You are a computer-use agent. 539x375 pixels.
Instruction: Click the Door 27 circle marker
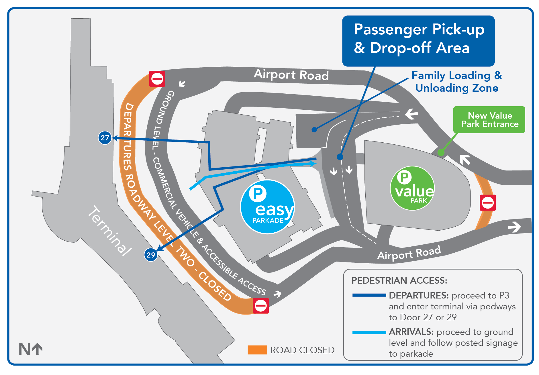(105, 138)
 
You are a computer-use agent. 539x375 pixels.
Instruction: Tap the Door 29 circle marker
(151, 255)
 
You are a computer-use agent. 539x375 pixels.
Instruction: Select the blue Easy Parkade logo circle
(268, 207)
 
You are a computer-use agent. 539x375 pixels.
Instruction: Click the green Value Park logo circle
(412, 188)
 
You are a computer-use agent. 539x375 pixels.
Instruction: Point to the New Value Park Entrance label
(489, 120)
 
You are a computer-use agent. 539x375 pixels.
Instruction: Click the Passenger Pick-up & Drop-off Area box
(418, 40)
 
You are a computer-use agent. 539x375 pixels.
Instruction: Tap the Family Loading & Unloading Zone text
(457, 82)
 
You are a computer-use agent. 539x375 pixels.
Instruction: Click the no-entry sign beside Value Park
(488, 203)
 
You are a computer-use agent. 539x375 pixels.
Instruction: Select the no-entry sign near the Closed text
(260, 306)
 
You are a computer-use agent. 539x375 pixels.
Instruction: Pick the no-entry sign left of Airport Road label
(157, 79)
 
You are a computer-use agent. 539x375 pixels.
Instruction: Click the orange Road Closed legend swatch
(257, 350)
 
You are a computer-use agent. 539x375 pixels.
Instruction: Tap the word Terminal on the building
(109, 231)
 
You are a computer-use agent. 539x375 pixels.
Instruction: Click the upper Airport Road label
(291, 75)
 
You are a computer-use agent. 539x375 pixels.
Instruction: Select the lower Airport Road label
(409, 253)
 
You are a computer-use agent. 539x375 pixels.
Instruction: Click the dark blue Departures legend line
(369, 295)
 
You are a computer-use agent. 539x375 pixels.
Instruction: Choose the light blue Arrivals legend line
(369, 332)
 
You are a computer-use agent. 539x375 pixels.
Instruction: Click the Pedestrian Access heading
(399, 280)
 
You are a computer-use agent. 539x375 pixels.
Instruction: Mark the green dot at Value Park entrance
(441, 152)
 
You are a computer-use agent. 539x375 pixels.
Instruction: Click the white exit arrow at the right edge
(514, 227)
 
